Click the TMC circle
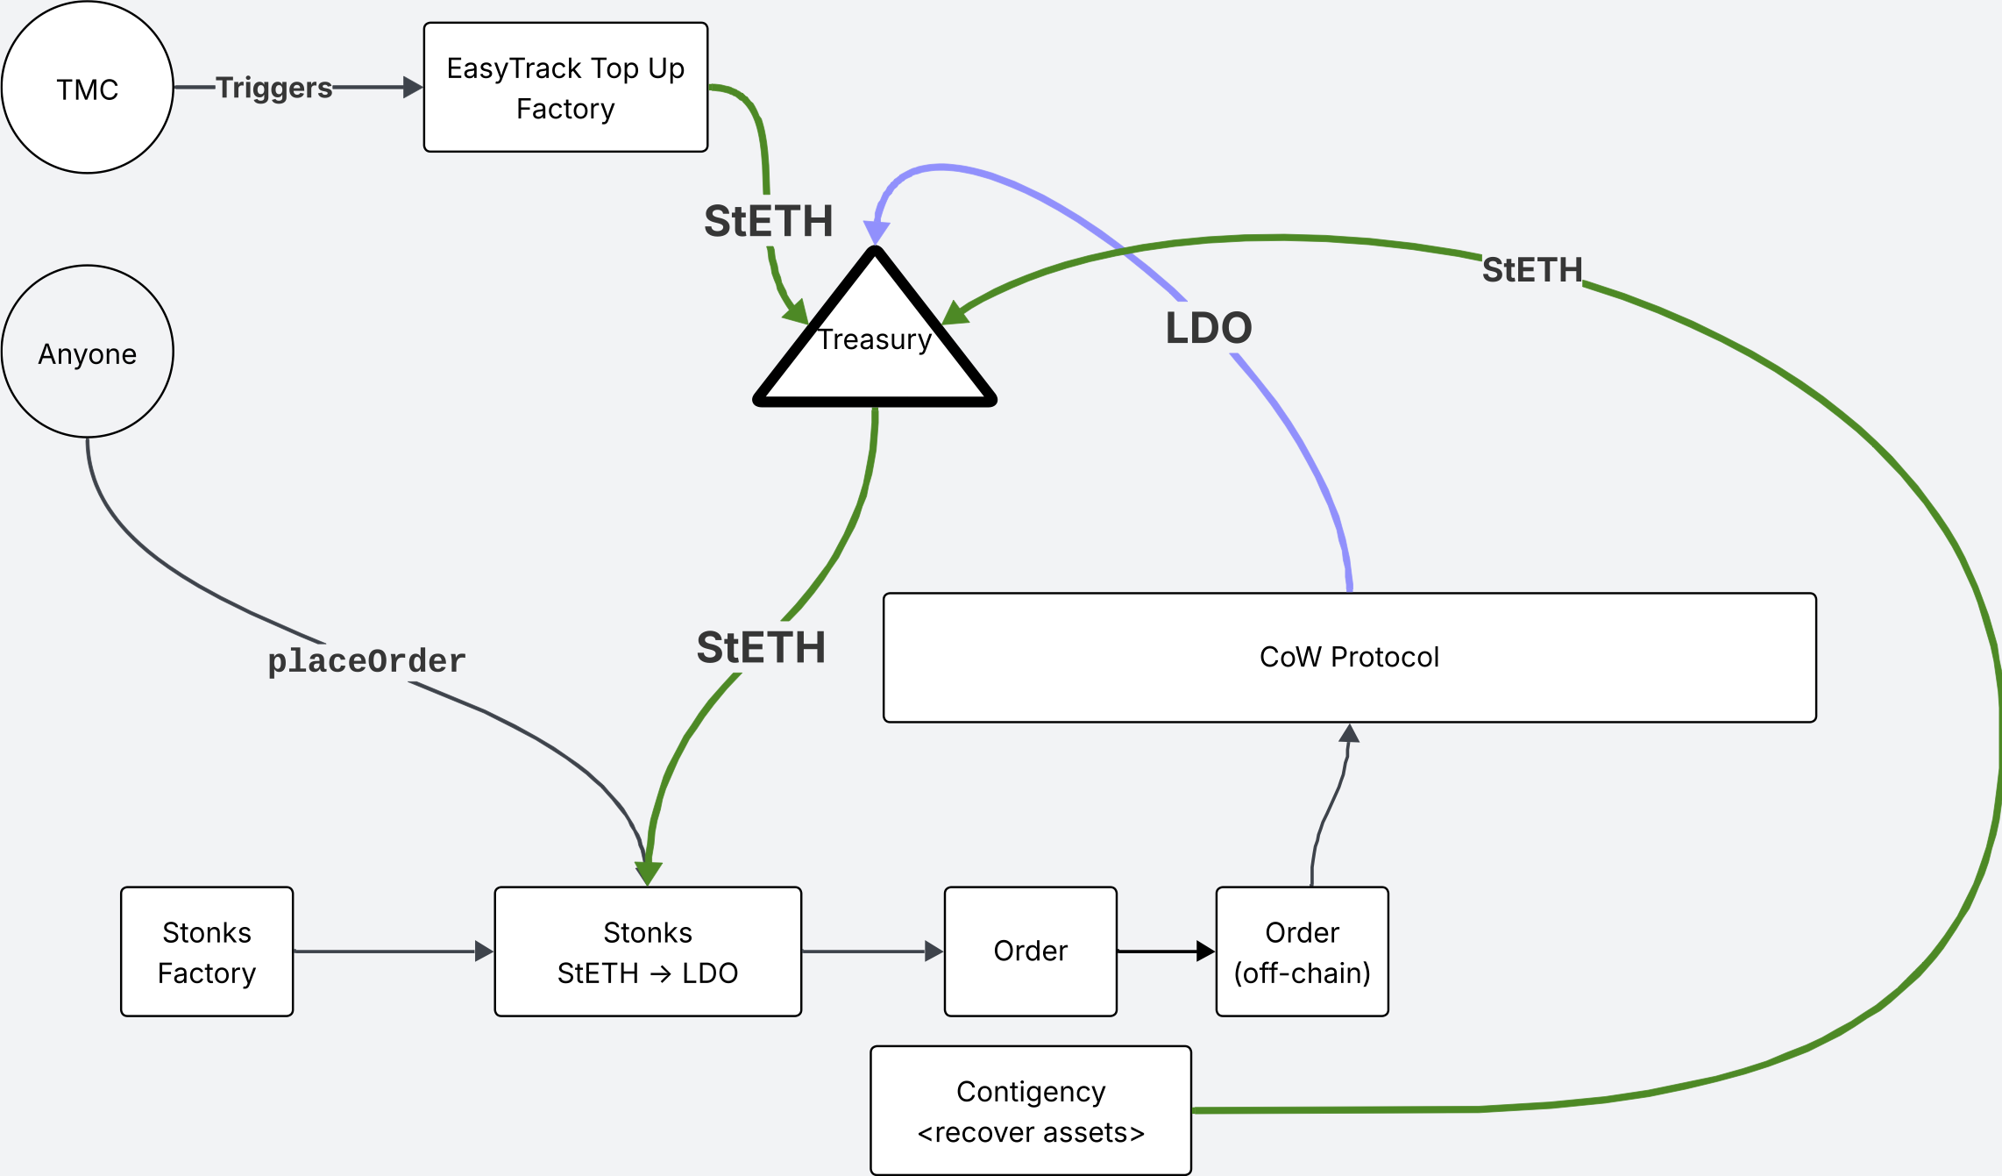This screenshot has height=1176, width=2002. click(88, 88)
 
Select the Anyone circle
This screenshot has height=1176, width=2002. click(88, 352)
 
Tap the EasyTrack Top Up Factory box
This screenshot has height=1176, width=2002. click(565, 88)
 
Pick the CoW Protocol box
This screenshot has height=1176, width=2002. click(1349, 657)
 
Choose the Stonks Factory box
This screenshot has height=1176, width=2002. click(207, 951)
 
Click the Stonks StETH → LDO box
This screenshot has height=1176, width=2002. click(648, 951)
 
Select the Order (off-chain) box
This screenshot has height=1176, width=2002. click(1302, 951)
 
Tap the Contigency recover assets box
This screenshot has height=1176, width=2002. click(1031, 1110)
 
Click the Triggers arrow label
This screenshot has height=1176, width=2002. click(274, 88)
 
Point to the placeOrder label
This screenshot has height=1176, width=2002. click(366, 660)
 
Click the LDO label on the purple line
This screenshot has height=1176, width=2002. click(1208, 328)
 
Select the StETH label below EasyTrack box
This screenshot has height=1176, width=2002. click(768, 221)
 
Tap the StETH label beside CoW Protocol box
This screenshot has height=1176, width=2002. click(761, 647)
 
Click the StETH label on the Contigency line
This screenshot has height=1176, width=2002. click(1531, 270)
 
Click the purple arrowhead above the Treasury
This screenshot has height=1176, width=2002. click(877, 232)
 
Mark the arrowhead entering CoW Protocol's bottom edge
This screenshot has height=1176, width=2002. click(1350, 733)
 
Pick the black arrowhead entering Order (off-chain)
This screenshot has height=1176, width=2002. click(1206, 951)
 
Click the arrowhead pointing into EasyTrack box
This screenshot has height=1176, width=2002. click(413, 88)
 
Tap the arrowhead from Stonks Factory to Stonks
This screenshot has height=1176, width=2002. click(484, 951)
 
